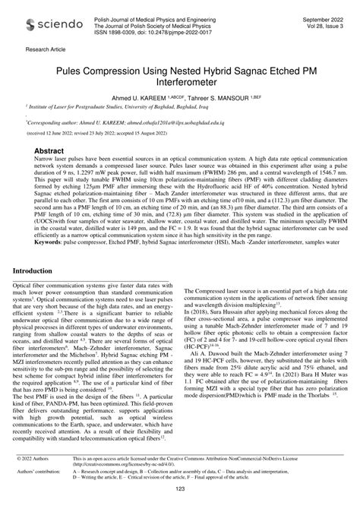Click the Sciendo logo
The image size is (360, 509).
coord(49,25)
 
